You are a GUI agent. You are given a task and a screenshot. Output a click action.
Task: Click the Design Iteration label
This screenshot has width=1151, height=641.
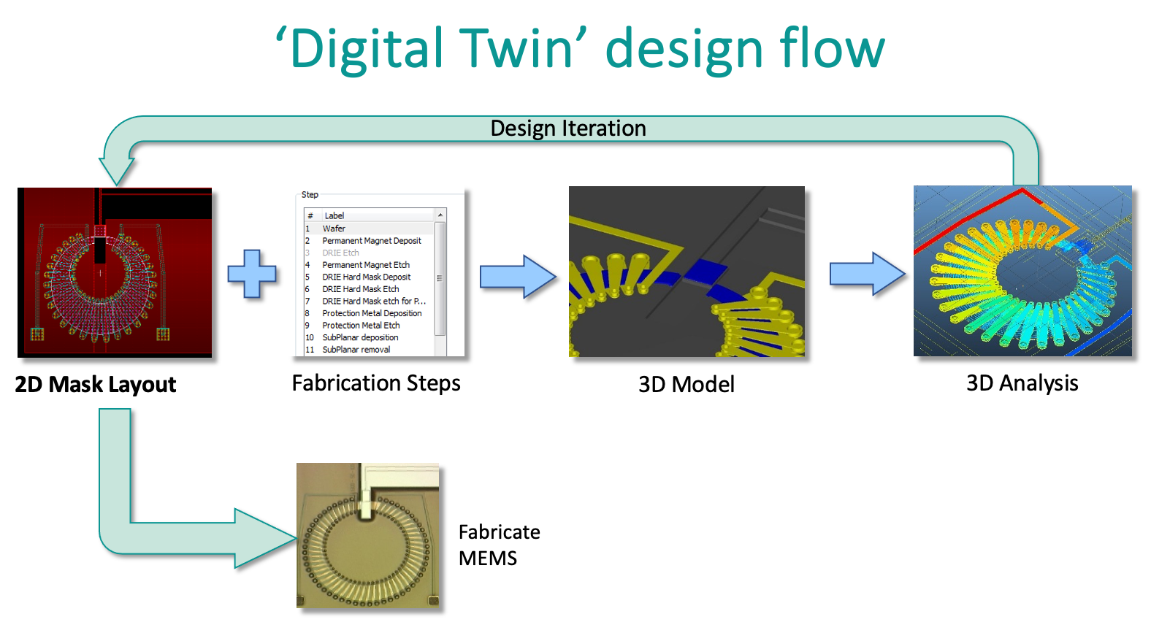pyautogui.click(x=567, y=128)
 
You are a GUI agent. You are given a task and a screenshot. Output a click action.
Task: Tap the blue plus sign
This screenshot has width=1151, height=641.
pyautogui.click(x=252, y=274)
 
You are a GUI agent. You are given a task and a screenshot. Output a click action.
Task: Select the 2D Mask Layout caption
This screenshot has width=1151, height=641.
pyautogui.click(x=96, y=385)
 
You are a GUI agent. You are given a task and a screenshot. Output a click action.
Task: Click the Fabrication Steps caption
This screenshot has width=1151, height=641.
pyautogui.click(x=376, y=384)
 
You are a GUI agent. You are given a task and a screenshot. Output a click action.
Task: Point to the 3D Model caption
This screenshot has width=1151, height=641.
pyautogui.click(x=687, y=384)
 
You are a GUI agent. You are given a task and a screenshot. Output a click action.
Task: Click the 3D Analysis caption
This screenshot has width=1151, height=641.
pyautogui.click(x=1022, y=384)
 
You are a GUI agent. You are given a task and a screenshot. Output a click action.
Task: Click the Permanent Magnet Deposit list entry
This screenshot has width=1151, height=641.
pyautogui.click(x=372, y=240)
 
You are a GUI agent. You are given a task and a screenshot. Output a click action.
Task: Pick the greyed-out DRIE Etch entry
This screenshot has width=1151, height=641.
pyautogui.click(x=340, y=253)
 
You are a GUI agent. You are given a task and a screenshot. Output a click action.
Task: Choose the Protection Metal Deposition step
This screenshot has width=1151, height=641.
pyautogui.click(x=372, y=313)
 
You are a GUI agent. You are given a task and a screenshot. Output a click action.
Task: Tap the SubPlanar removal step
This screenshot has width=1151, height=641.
pyautogui.click(x=356, y=349)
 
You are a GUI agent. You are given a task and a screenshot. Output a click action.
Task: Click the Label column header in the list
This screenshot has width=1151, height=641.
pyautogui.click(x=334, y=215)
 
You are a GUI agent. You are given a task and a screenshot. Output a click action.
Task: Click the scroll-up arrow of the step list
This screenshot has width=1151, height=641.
pyautogui.click(x=440, y=215)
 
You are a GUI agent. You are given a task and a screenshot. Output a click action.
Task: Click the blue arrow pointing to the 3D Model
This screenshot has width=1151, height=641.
pyautogui.click(x=518, y=276)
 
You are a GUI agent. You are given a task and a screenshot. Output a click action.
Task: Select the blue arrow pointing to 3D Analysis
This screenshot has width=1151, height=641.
pyautogui.click(x=868, y=274)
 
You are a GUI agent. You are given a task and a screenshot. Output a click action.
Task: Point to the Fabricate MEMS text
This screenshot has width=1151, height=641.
pyautogui.click(x=499, y=545)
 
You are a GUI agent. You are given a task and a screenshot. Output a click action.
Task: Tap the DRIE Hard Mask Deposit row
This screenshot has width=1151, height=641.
pyautogui.click(x=367, y=277)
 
